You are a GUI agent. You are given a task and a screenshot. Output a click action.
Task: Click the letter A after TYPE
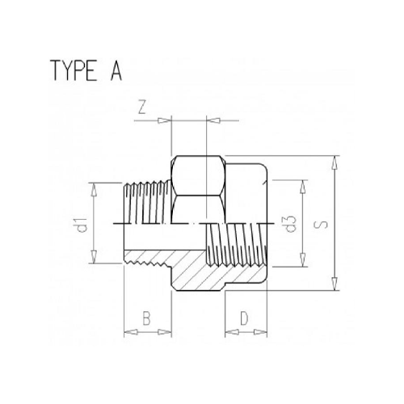click(x=116, y=72)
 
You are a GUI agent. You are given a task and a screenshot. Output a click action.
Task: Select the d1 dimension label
click(x=82, y=223)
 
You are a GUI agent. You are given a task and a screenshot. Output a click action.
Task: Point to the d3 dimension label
click(x=288, y=223)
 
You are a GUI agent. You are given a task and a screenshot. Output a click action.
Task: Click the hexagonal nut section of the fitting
click(x=198, y=186)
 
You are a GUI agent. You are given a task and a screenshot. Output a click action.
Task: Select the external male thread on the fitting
click(x=145, y=202)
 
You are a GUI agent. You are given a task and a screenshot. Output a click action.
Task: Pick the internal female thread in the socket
click(x=238, y=242)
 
